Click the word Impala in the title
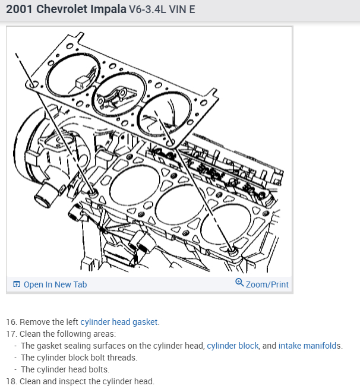click(x=106, y=11)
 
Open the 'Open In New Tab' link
click(x=55, y=284)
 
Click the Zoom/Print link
click(x=267, y=284)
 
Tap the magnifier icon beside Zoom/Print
click(x=239, y=283)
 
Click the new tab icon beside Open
click(x=17, y=284)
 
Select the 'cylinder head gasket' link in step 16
click(x=119, y=322)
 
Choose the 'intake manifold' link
click(x=308, y=346)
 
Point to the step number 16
click(x=11, y=322)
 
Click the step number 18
click(x=11, y=381)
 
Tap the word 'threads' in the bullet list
click(x=122, y=358)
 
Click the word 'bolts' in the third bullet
click(x=106, y=369)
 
